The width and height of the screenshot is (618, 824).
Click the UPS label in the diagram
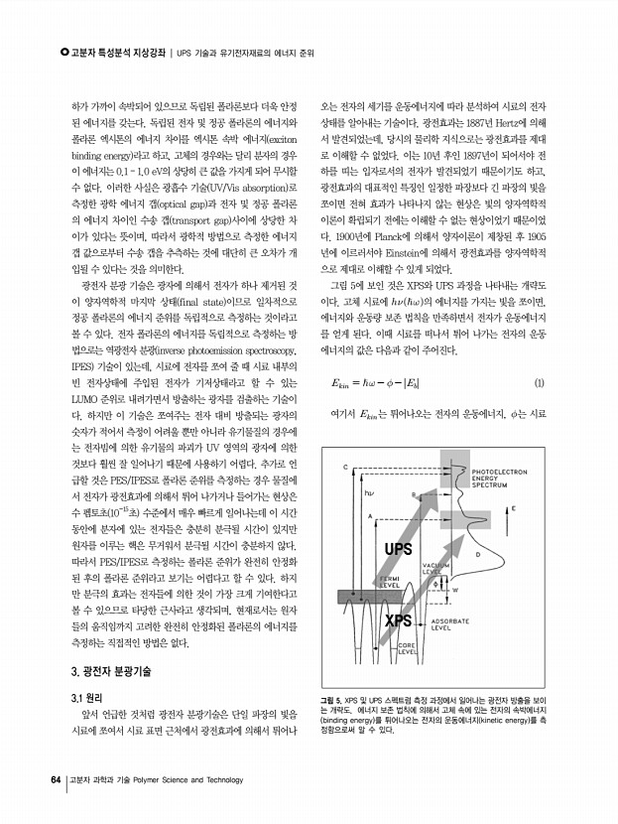[x=399, y=549]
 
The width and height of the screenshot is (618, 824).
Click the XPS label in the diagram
[x=398, y=620]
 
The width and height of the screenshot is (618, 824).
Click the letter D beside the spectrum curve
[x=478, y=554]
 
